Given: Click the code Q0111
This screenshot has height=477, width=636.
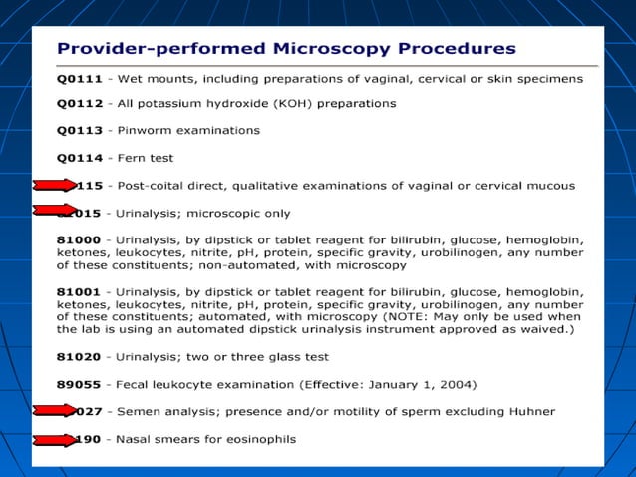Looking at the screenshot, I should pyautogui.click(x=79, y=78).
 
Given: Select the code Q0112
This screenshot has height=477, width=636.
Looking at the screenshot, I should pyautogui.click(x=79, y=103).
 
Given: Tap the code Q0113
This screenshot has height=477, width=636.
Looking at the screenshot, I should pyautogui.click(x=79, y=130).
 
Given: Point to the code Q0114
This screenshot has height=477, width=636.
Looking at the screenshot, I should pyautogui.click(x=79, y=158).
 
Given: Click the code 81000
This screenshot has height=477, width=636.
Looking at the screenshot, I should pyautogui.click(x=77, y=239).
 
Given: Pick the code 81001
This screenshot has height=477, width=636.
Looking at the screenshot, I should pyautogui.click(x=77, y=290).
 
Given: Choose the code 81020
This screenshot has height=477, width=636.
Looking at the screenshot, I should pyautogui.click(x=77, y=356).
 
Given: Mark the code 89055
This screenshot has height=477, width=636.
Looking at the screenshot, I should pyautogui.click(x=77, y=384).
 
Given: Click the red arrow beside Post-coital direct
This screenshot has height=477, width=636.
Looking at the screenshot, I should pyautogui.click(x=55, y=185).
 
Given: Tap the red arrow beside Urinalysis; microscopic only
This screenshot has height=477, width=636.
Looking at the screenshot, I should pyautogui.click(x=55, y=210).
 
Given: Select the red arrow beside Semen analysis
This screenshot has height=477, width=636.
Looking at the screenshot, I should pyautogui.click(x=55, y=410).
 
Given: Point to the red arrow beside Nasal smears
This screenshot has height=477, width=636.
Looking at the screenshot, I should pyautogui.click(x=55, y=439).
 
